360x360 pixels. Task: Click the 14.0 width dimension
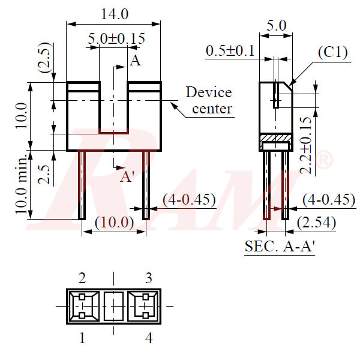click(114, 14)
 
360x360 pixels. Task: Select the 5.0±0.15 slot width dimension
click(116, 39)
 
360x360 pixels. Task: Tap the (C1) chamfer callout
click(332, 53)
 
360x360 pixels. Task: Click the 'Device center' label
click(208, 100)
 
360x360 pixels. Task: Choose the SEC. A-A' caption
click(280, 246)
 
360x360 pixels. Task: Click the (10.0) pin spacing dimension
click(115, 222)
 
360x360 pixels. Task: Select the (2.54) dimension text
click(316, 223)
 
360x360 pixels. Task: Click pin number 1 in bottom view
click(82, 338)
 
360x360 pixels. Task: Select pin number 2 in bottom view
click(82, 277)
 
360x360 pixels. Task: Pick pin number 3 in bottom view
click(148, 277)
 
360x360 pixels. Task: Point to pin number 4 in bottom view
click(148, 338)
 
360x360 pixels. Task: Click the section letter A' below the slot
click(127, 176)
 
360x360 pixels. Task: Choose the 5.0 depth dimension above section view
click(277, 26)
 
